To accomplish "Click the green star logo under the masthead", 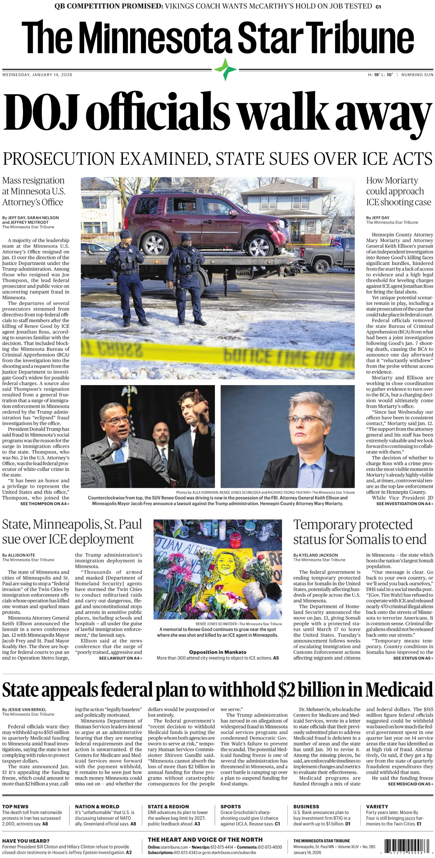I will [225, 69].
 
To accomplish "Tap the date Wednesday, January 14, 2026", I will [37, 75].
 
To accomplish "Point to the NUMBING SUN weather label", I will [417, 75].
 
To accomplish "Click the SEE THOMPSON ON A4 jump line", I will [45, 504].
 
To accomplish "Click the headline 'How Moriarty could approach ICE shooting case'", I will [398, 191].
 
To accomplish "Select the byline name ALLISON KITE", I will [21, 555].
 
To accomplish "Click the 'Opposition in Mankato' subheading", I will [217, 652].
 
